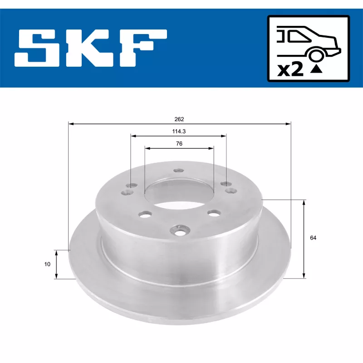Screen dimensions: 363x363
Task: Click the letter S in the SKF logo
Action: [x=37, y=48]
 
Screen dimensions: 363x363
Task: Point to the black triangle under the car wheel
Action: [x=317, y=69]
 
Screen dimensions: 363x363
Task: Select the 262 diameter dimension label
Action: [x=179, y=119]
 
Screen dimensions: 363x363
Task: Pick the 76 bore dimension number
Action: [x=179, y=143]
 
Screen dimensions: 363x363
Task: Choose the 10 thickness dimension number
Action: [x=47, y=264]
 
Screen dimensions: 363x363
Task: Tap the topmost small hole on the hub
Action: [x=177, y=172]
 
